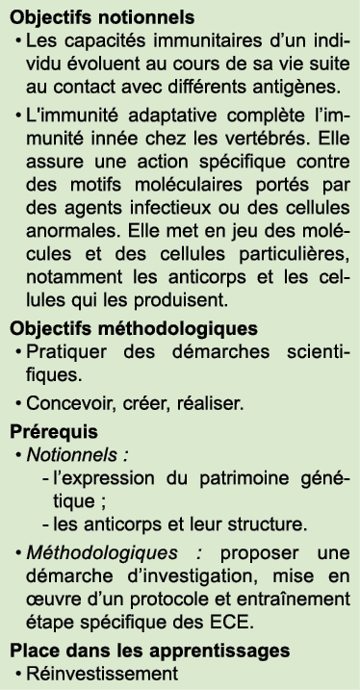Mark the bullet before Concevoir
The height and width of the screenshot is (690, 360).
[18, 403]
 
